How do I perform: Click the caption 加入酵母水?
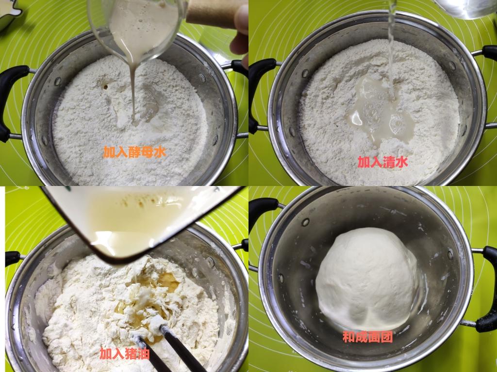[x=134, y=152]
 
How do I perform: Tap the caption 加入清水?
[x=382, y=162]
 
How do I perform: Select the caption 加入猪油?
[x=125, y=353]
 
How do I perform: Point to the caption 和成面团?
[x=368, y=337]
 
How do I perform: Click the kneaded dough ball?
[x=367, y=279]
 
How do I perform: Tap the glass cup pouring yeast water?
[x=136, y=29]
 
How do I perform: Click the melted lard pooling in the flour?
[x=149, y=304]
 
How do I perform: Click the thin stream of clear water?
[x=392, y=47]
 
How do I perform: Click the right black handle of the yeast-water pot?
[x=239, y=68]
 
